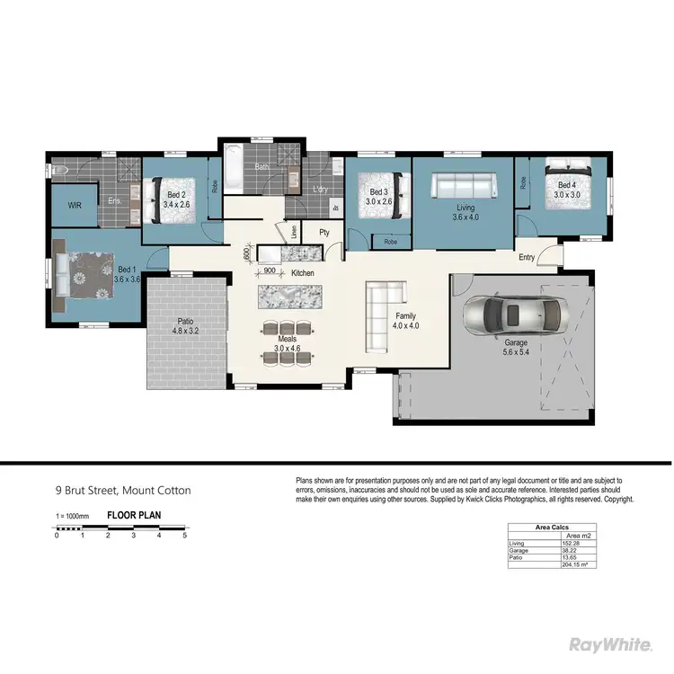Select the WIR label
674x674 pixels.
(x=75, y=205)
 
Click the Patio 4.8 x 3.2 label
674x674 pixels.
(x=185, y=325)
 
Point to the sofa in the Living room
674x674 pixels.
(x=463, y=188)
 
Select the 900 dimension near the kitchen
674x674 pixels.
(x=270, y=270)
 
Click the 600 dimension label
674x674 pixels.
(x=246, y=254)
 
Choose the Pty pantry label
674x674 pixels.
(x=324, y=232)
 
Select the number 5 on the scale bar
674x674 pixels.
(x=185, y=535)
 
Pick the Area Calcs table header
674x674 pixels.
(x=553, y=528)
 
